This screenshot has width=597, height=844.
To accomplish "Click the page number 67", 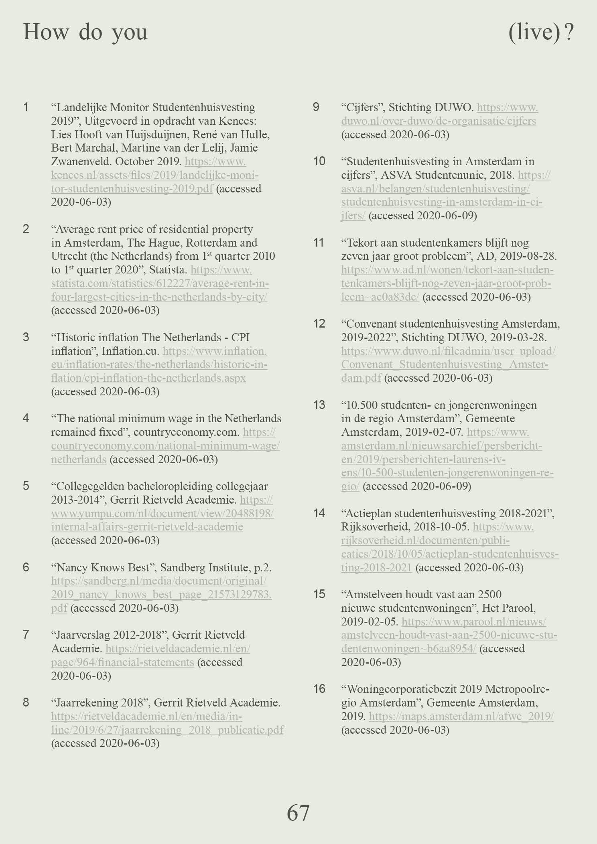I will tap(298, 813).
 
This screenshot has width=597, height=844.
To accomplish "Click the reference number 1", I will tap(26, 107).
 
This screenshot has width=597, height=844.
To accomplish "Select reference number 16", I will tap(319, 689).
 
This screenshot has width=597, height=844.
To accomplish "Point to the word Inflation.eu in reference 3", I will tap(130, 351).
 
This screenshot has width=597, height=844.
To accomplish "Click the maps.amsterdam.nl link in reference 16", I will tap(461, 716).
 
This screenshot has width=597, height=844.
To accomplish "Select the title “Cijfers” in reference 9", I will tap(362, 107).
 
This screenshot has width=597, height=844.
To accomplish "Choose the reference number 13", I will tap(319, 405).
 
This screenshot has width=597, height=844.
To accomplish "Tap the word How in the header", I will tap(46, 32).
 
